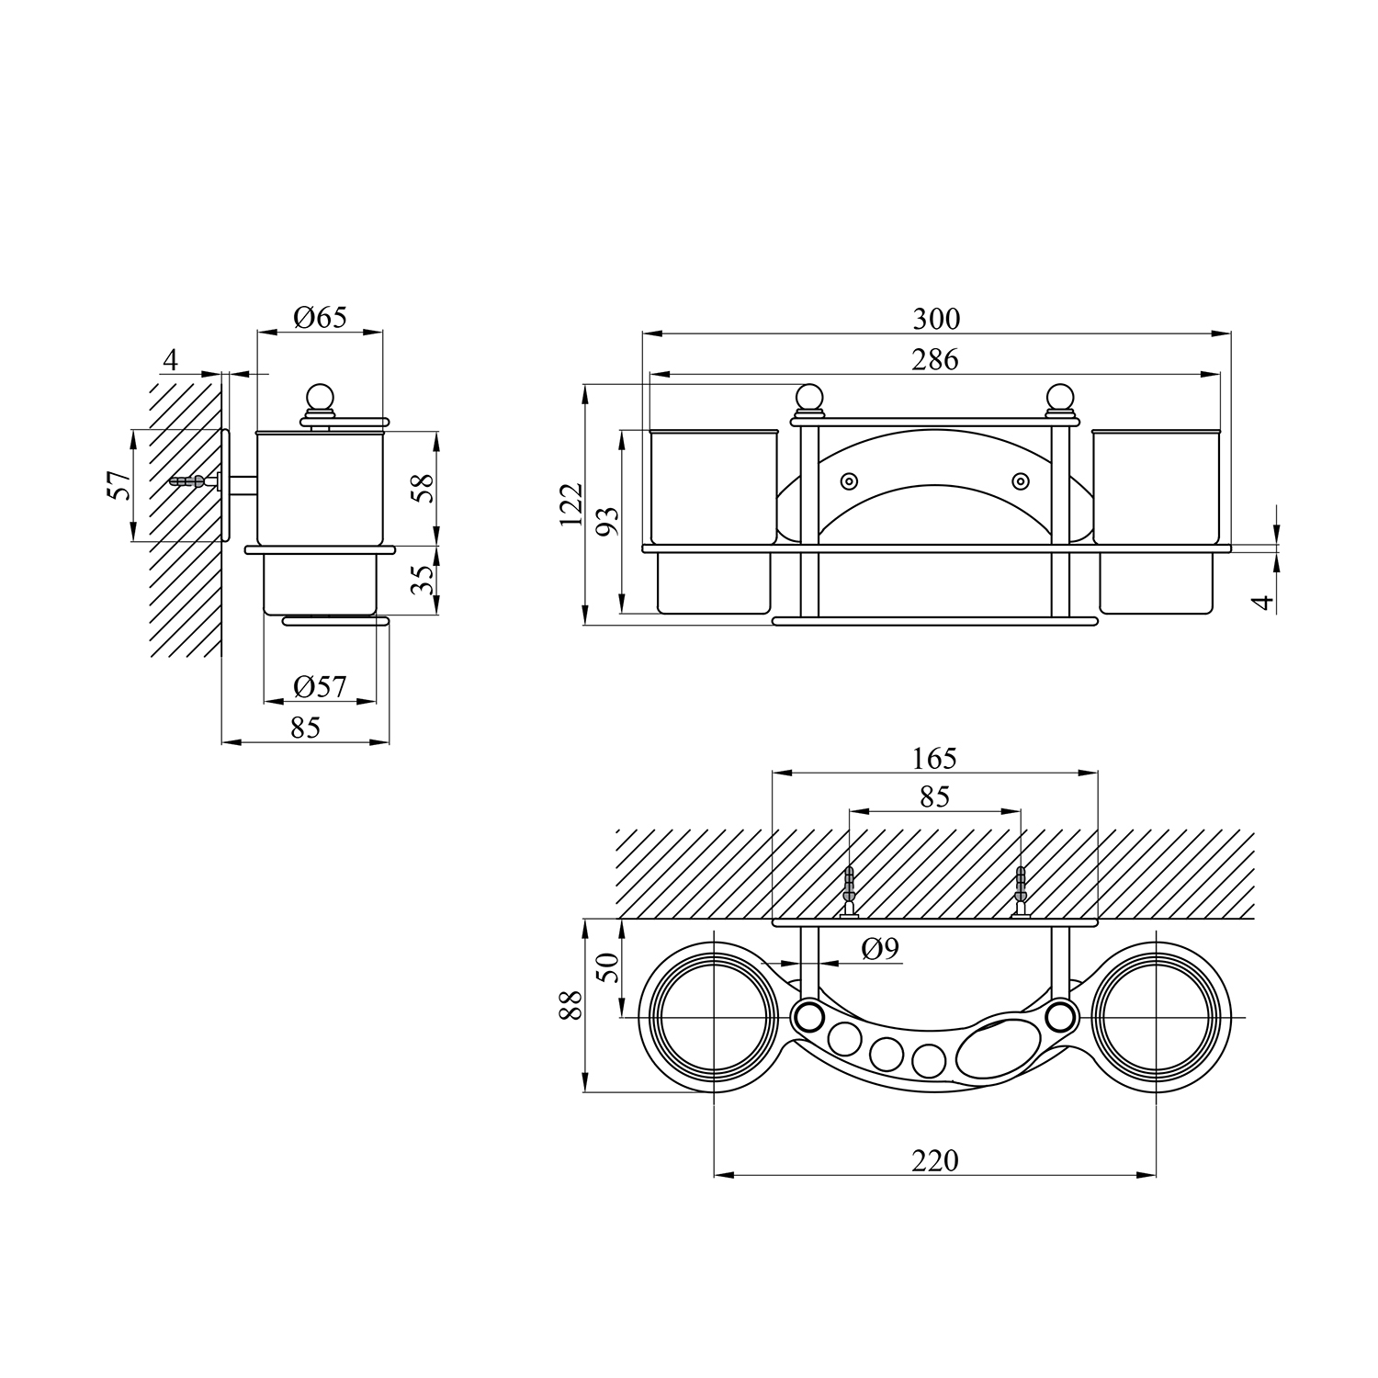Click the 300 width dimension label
(936, 319)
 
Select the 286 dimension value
(935, 359)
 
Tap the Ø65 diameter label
(321, 318)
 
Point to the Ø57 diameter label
(321, 686)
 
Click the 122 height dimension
(571, 505)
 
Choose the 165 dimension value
(934, 758)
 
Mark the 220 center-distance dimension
(935, 1160)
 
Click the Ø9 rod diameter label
(880, 949)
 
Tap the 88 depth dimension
(571, 1005)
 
